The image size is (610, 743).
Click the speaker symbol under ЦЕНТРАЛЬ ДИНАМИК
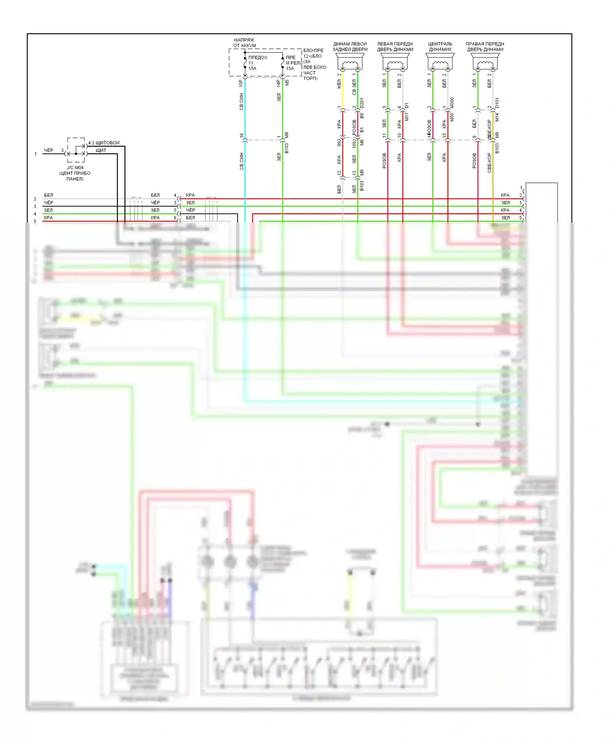pos(440,64)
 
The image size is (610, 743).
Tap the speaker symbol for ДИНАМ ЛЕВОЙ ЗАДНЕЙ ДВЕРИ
pos(350,64)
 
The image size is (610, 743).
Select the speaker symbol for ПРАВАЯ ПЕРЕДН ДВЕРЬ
pos(485,64)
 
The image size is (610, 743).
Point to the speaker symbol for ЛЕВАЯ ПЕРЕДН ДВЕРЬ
pos(395,64)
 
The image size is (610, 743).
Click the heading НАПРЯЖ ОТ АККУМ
pos(244,43)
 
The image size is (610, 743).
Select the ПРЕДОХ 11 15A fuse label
pos(257,63)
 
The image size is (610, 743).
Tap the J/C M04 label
pos(75,167)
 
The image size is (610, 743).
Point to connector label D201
pos(362,103)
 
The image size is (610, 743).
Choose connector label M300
pos(452,103)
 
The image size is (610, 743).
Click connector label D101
pos(497,103)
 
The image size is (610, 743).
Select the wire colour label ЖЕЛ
pos(339,85)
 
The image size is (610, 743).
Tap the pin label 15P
pos(241,83)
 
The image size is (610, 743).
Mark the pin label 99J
pos(339,143)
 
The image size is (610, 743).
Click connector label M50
pos(452,117)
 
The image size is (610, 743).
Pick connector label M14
pos(497,117)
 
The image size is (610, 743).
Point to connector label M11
pos(407,117)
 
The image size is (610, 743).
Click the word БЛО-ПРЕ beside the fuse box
pos(313,51)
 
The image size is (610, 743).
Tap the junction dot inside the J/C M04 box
pos(76,154)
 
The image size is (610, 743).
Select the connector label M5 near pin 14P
pos(287,82)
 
